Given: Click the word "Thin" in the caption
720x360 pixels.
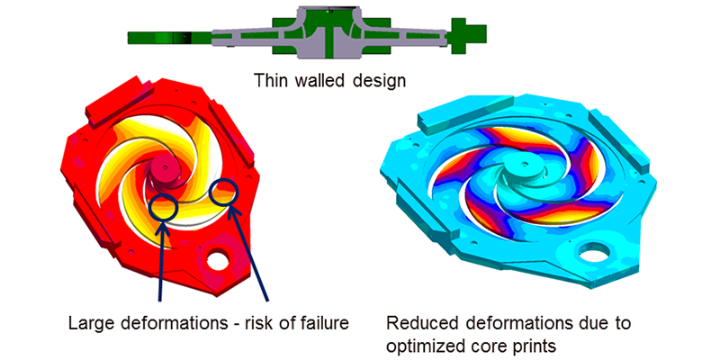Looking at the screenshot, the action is click(271, 81).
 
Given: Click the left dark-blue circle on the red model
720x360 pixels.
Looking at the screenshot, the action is click(163, 207).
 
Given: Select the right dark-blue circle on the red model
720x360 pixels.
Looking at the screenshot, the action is click(222, 193).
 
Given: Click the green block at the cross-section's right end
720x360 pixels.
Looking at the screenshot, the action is click(468, 36).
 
